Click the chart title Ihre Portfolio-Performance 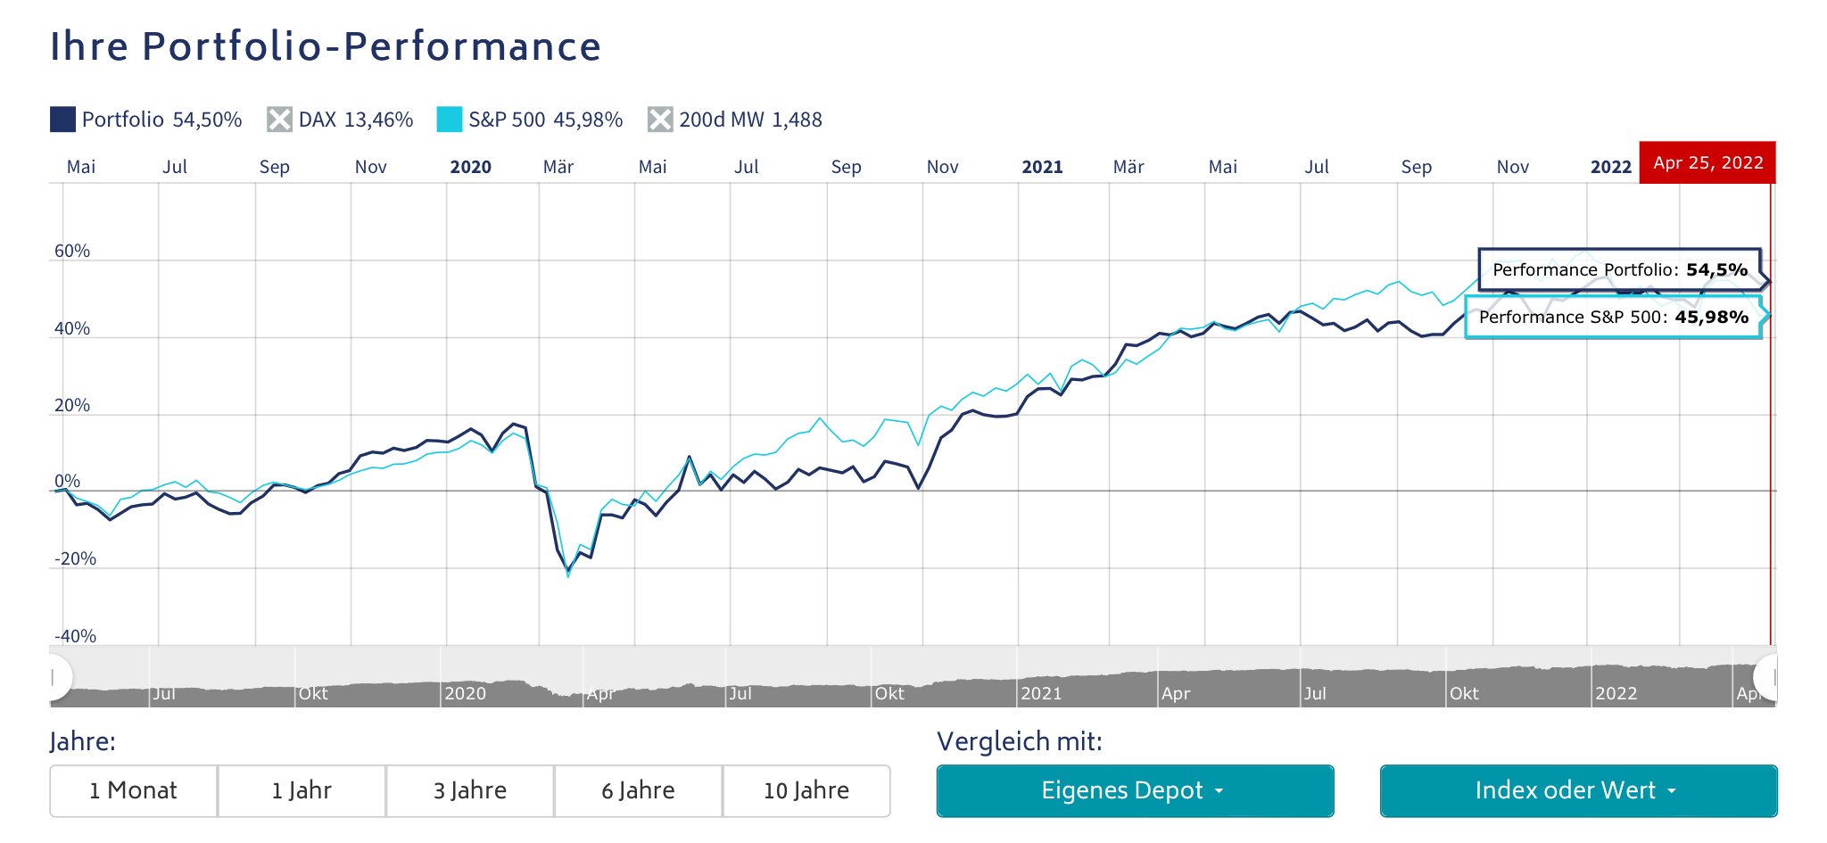[x=326, y=46]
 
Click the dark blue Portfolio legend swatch [x=62, y=120]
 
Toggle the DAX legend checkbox [x=279, y=120]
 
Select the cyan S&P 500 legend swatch [x=450, y=120]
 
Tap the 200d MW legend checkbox [x=660, y=120]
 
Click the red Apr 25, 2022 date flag [x=1707, y=162]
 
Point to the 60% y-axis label [x=72, y=251]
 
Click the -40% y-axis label [x=75, y=636]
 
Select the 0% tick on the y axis [x=67, y=481]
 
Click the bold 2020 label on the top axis [x=470, y=167]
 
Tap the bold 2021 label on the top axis [x=1042, y=167]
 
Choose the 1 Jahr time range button [x=302, y=790]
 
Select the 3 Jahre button [x=470, y=790]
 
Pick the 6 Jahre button [x=638, y=790]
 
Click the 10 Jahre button [x=806, y=790]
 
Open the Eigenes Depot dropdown [x=1135, y=790]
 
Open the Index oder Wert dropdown [x=1578, y=790]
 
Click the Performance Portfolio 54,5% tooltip [x=1619, y=269]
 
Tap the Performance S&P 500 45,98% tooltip [x=1613, y=317]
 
